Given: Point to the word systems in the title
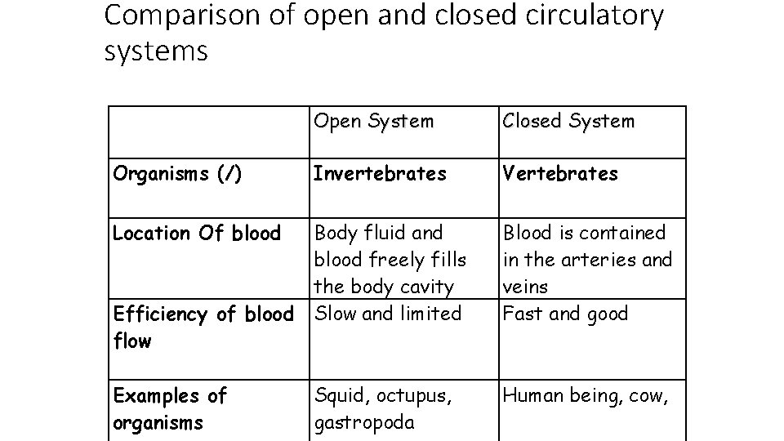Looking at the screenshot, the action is [x=157, y=51].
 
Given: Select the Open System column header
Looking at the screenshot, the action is [x=374, y=122].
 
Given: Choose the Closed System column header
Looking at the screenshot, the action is [x=568, y=122].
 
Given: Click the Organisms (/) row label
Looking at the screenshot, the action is [x=177, y=173].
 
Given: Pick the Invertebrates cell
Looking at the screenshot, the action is [x=380, y=173].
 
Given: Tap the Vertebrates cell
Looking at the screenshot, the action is [x=560, y=173].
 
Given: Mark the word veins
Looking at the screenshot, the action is [x=525, y=287].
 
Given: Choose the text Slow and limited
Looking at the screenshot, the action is [x=388, y=313].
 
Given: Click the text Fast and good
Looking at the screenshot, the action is [x=565, y=313].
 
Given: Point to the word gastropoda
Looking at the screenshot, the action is [x=364, y=422].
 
